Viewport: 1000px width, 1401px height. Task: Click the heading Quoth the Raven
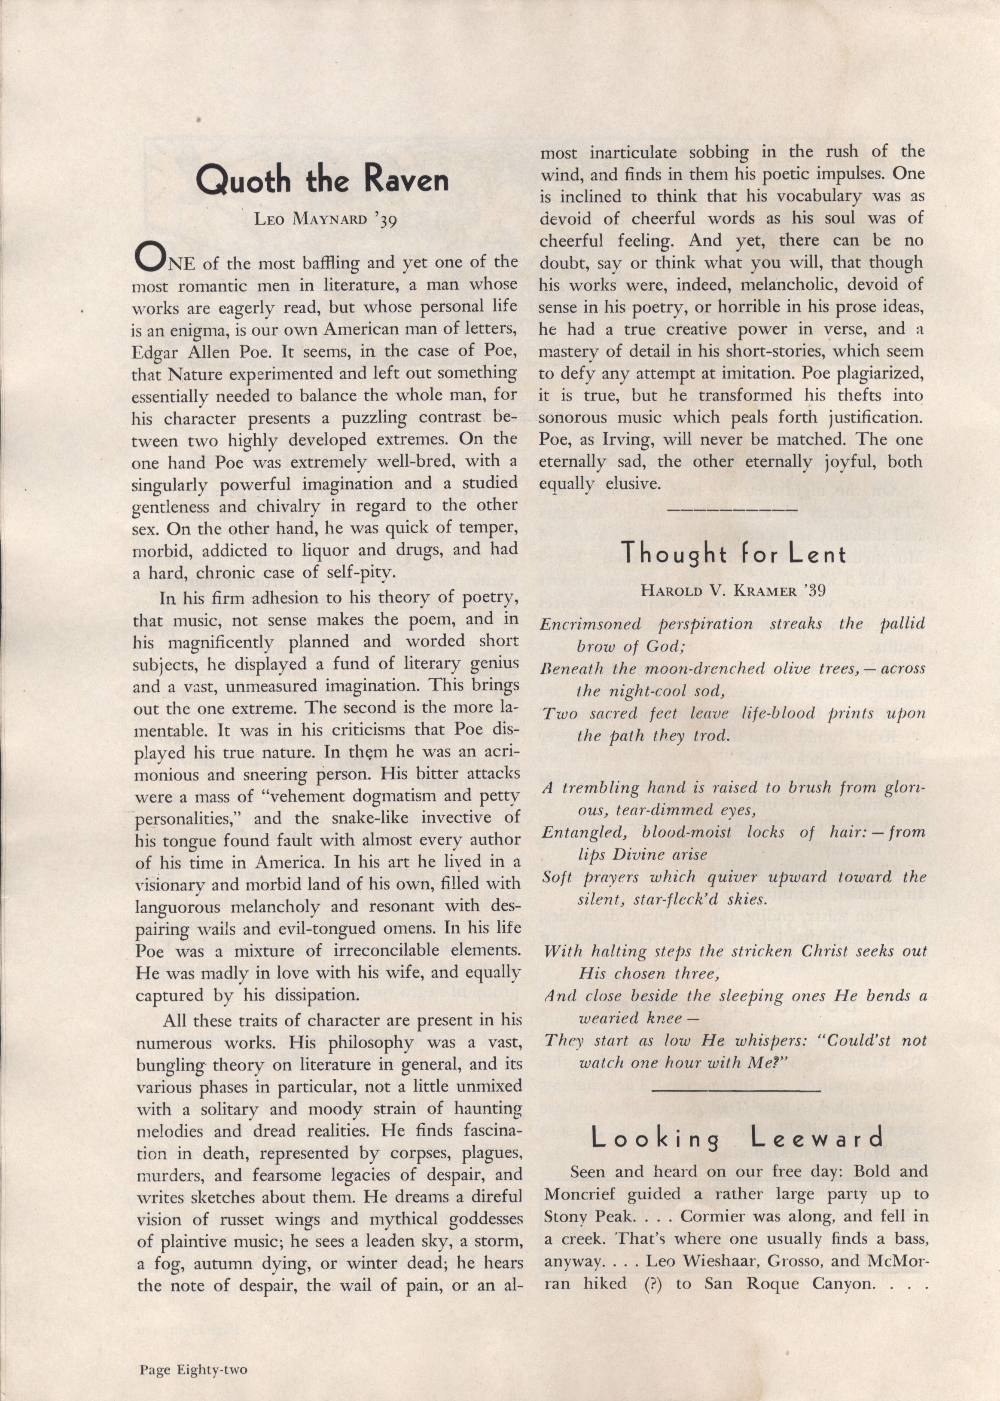pos(322,180)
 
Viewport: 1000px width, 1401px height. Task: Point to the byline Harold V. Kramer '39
pos(732,590)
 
